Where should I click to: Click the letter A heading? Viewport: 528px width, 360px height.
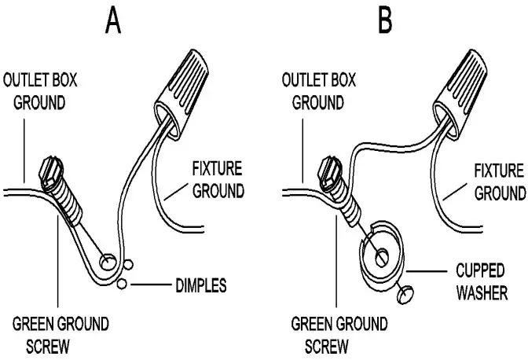115,20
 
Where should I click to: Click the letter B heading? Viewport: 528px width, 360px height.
385,20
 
